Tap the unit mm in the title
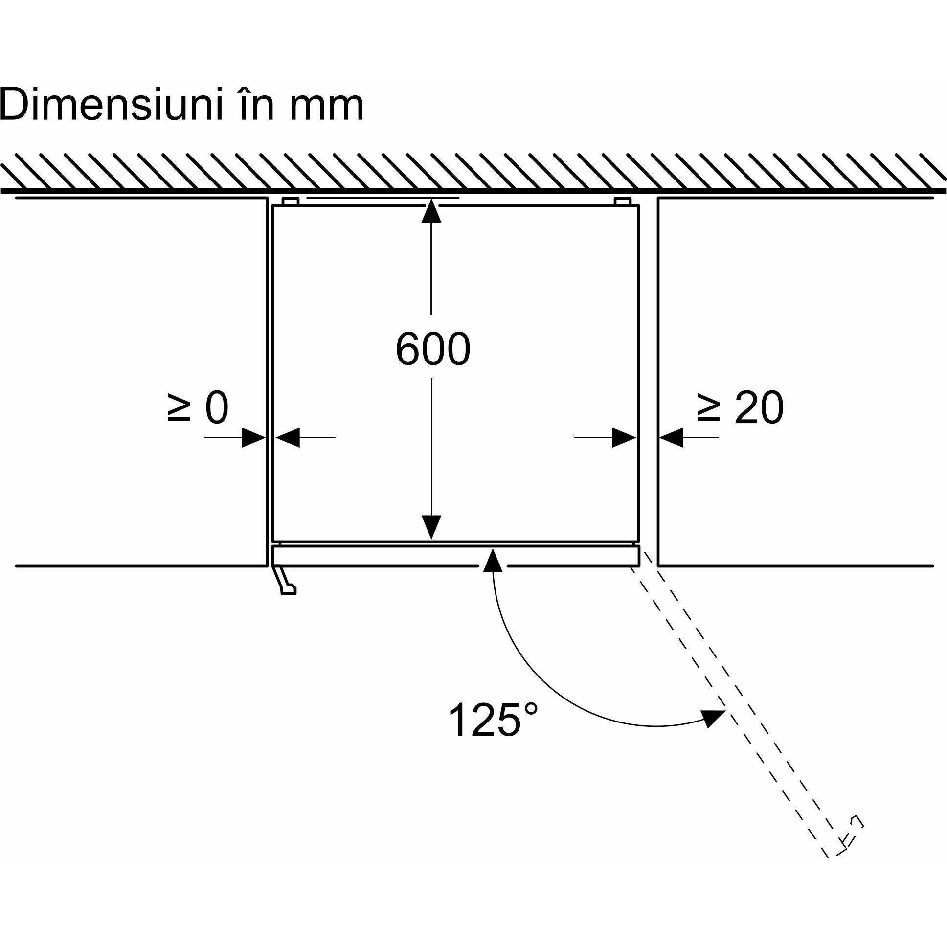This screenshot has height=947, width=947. coord(326,106)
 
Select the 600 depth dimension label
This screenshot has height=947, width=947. coord(432,349)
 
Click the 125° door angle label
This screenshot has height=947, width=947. coord(492,720)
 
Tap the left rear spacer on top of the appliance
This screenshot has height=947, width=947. coord(291,202)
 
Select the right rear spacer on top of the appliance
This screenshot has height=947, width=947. coord(622,202)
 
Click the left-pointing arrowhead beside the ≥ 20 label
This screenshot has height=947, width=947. coord(672,437)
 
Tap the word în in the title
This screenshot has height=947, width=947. coord(257,105)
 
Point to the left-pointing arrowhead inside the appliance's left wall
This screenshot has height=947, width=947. coord(287,437)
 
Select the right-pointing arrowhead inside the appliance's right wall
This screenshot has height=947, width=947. coord(625,437)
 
